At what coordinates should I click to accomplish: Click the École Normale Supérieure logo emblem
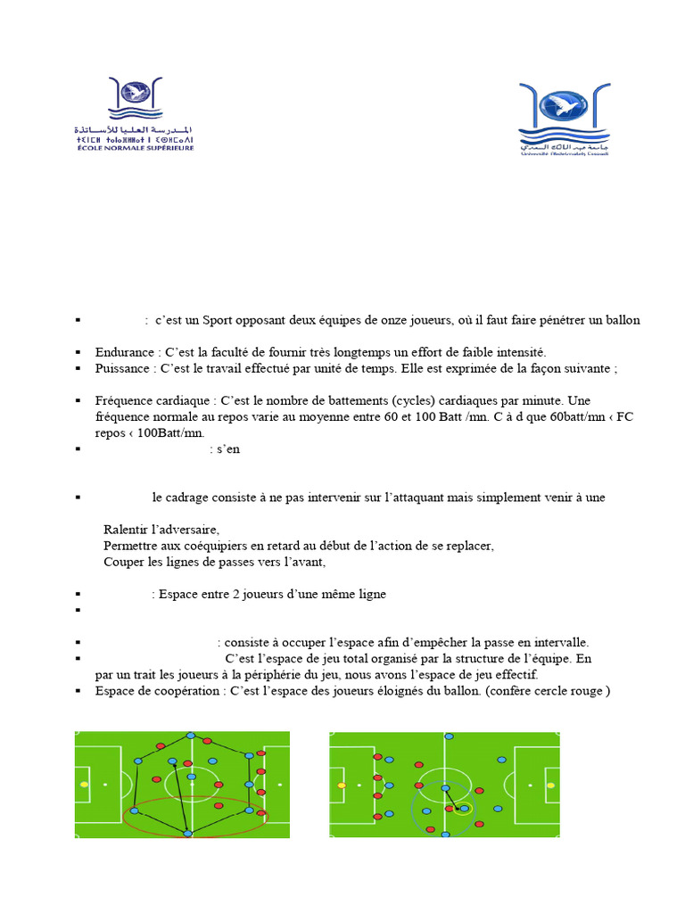tap(136, 98)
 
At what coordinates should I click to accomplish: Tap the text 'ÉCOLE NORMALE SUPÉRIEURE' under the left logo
tap(135, 147)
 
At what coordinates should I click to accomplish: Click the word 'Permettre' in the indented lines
tap(129, 546)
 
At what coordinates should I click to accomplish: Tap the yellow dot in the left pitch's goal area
tap(85, 785)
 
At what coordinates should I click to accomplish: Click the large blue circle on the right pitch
tap(444, 808)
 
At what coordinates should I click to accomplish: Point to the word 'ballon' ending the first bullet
tap(622, 320)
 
